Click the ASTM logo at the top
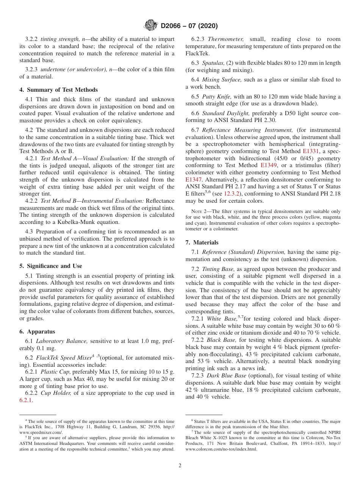[x=151, y=26]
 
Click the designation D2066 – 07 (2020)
[x=189, y=26]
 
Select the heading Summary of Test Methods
[x=62, y=90]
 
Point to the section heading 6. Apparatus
[x=37, y=332]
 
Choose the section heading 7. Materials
[x=202, y=243]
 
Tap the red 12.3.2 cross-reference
[x=232, y=194]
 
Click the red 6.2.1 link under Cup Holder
[x=26, y=400]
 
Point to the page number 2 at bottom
[x=180, y=466]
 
